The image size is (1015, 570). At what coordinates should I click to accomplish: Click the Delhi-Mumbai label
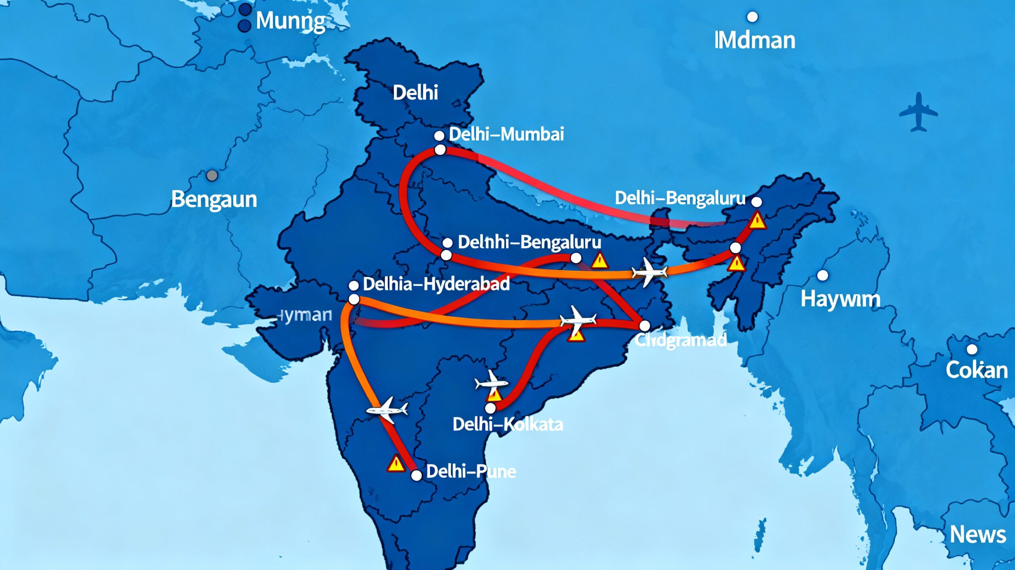pyautogui.click(x=506, y=134)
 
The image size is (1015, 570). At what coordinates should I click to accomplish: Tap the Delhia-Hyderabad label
pyautogui.click(x=436, y=284)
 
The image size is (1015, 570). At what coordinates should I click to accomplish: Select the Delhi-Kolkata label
pyautogui.click(x=507, y=425)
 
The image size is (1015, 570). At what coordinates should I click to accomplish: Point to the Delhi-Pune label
pyautogui.click(x=471, y=471)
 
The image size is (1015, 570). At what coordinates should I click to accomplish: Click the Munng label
pyautogui.click(x=291, y=21)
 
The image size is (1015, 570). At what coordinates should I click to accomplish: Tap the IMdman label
pyautogui.click(x=755, y=40)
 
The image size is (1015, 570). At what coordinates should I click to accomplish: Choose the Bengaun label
pyautogui.click(x=214, y=199)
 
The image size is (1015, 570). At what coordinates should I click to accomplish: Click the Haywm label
pyautogui.click(x=840, y=299)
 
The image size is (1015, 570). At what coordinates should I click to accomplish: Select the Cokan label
pyautogui.click(x=977, y=370)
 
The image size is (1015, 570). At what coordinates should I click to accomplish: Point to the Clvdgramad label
pyautogui.click(x=680, y=340)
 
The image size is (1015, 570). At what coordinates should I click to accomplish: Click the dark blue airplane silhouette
pyautogui.click(x=918, y=112)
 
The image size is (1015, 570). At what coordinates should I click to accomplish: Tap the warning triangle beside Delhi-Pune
pyautogui.click(x=396, y=464)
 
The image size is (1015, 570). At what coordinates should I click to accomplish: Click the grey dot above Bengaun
pyautogui.click(x=212, y=175)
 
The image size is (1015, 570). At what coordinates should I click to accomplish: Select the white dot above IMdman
pyautogui.click(x=752, y=17)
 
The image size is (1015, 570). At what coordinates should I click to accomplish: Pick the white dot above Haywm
pyautogui.click(x=823, y=275)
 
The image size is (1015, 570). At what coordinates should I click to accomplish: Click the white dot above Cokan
pyautogui.click(x=972, y=349)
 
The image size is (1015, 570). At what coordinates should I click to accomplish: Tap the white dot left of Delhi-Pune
pyautogui.click(x=416, y=475)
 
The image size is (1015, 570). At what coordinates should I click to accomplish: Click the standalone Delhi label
pyautogui.click(x=415, y=93)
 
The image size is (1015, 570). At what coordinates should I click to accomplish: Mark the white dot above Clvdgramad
pyautogui.click(x=645, y=326)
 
